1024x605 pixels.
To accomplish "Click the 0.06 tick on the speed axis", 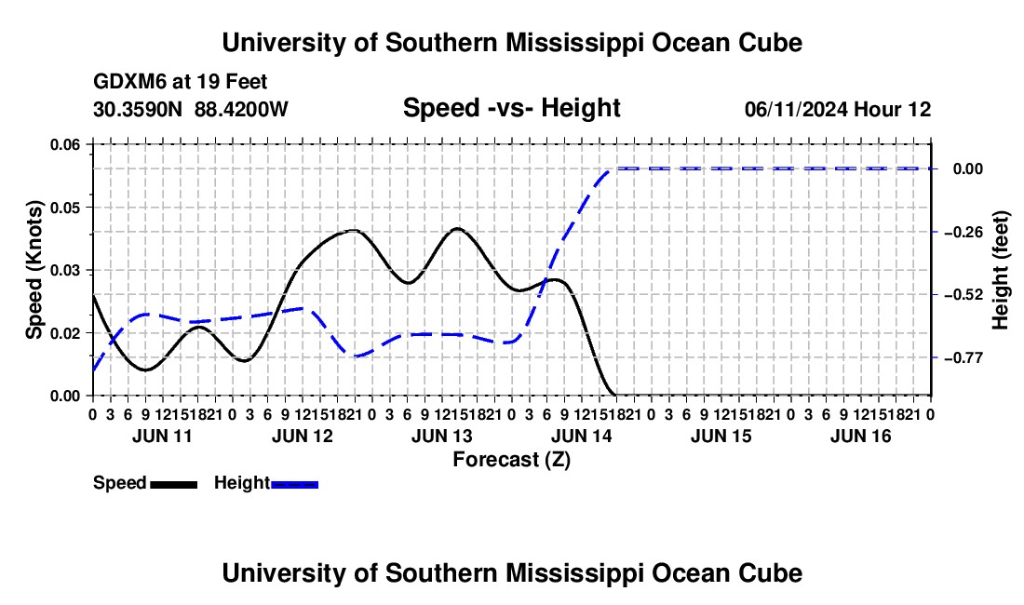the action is point(64,145).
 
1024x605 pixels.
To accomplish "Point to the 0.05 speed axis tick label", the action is point(64,208).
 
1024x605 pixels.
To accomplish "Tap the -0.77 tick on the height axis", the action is point(967,357).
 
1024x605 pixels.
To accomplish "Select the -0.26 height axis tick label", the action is point(967,232).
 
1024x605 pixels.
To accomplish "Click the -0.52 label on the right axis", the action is point(967,295).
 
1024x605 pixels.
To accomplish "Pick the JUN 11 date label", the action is point(162,436).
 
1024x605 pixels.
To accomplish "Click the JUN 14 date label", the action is point(581,436).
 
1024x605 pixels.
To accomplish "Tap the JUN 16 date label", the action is point(860,436).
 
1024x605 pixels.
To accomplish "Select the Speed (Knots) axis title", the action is point(34,270).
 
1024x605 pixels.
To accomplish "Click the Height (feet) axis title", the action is point(1001,270).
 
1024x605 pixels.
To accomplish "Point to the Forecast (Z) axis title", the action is point(511,460).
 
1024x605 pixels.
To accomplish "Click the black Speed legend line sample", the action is point(173,484).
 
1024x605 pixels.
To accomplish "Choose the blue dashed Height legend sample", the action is point(294,484).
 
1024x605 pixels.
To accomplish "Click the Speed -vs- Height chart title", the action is point(511,108).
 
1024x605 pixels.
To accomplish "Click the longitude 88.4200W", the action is point(241,109).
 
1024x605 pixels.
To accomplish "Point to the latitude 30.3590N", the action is point(137,109).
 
